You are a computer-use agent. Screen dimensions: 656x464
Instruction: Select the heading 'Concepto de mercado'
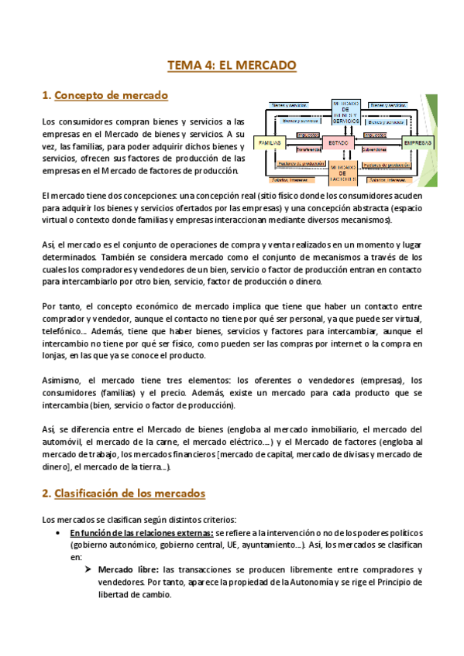112,96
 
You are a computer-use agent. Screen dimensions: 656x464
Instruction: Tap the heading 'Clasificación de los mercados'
130,493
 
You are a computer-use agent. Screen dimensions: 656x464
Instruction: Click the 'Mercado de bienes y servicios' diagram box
345,114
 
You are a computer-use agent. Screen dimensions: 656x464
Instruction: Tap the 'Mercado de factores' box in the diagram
342,173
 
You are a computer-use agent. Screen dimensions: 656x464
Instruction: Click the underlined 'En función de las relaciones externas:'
141,533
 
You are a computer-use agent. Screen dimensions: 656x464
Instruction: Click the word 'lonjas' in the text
54,356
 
